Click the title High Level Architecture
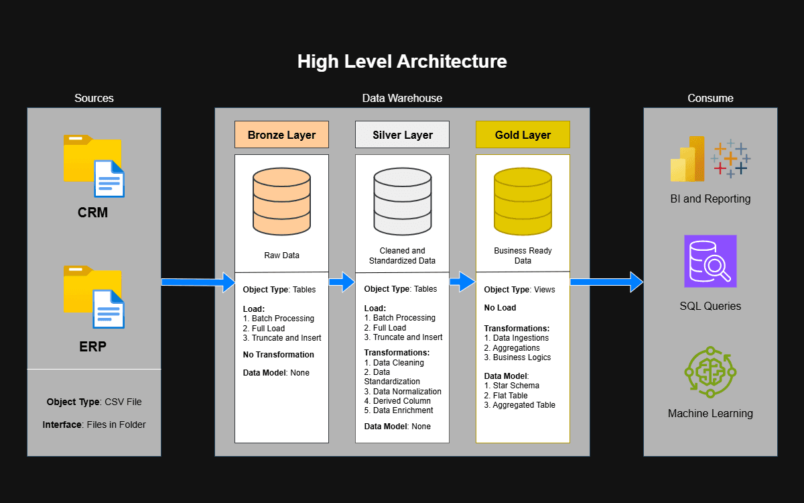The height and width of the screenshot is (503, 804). tap(402, 62)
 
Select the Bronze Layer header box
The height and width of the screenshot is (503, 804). tap(281, 135)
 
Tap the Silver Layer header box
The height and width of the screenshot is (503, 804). tap(402, 135)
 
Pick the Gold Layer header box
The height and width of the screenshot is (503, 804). tap(523, 135)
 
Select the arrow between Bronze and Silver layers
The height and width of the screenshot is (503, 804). tap(342, 282)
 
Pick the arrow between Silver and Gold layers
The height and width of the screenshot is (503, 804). tap(462, 282)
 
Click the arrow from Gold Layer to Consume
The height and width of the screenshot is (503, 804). tap(606, 282)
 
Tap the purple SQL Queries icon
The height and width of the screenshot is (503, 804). tap(710, 261)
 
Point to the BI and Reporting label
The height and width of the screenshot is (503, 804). tap(710, 199)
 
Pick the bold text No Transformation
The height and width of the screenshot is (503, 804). tap(278, 355)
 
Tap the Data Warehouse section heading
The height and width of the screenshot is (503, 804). tap(402, 99)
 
